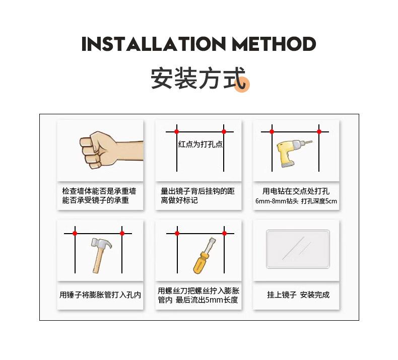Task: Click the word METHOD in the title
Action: [x=274, y=44]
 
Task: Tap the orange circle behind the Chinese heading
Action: [x=242, y=84]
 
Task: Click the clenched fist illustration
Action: [x=111, y=150]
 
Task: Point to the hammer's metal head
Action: [x=101, y=244]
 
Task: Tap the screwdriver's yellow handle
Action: [x=201, y=263]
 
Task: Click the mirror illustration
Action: [x=298, y=249]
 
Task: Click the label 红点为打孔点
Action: [x=201, y=144]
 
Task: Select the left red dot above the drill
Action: [x=272, y=132]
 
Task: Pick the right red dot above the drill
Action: [x=319, y=132]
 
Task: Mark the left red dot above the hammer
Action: [x=75, y=234]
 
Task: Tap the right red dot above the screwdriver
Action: [x=224, y=234]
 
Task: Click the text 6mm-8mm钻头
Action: [x=277, y=201]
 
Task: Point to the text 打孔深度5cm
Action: [x=319, y=201]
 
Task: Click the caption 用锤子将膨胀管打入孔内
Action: [x=100, y=295]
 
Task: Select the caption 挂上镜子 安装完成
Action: [x=298, y=295]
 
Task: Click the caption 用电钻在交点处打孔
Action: [x=296, y=191]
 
